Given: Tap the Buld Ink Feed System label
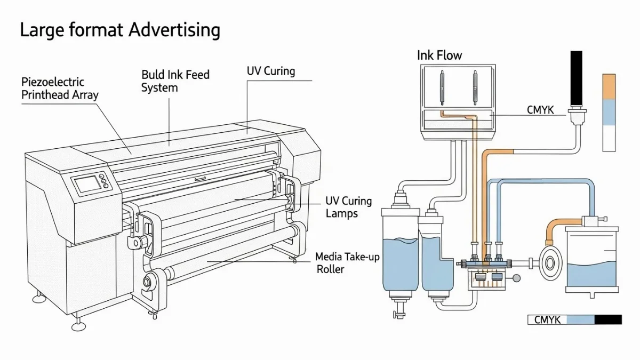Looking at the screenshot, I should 175,81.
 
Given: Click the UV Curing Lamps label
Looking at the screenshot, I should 349,207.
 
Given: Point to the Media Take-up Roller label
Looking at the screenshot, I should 347,263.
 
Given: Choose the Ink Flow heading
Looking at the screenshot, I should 439,55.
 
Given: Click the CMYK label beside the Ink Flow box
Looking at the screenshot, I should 540,110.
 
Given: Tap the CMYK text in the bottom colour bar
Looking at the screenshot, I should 547,320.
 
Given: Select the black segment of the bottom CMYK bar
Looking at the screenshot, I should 608,320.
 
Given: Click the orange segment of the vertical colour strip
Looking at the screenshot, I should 609,86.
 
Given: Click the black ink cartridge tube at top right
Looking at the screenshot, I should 577,77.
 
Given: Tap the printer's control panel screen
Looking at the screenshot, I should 86,185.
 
